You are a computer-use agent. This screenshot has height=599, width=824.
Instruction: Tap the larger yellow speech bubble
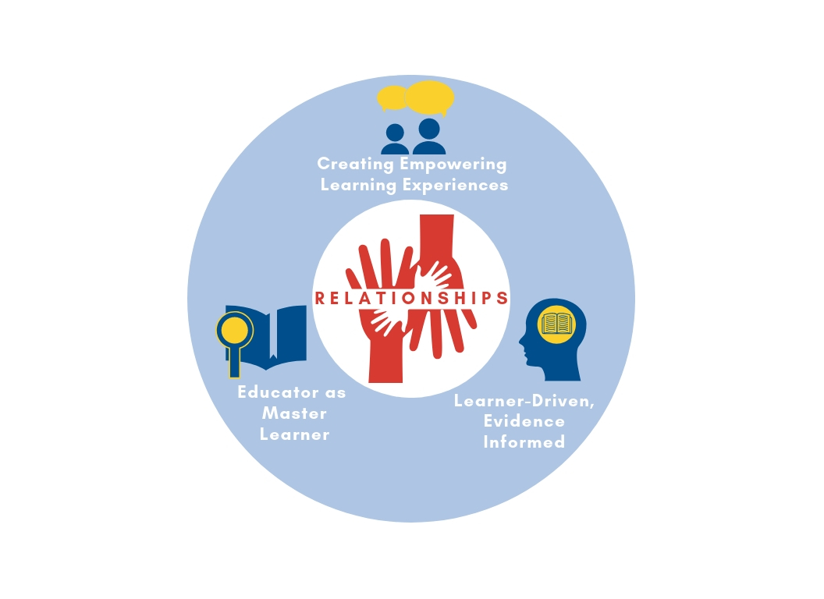(x=430, y=97)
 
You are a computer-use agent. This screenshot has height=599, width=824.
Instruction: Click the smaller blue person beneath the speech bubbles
(x=395, y=140)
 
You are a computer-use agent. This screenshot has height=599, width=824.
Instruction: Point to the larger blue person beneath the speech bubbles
(x=428, y=137)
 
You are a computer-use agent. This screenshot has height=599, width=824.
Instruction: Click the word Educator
(x=269, y=392)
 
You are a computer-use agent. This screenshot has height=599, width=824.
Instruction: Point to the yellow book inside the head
(x=557, y=322)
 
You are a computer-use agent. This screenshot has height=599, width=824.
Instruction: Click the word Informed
(x=524, y=442)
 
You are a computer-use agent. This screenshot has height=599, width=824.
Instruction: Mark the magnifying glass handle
(x=234, y=363)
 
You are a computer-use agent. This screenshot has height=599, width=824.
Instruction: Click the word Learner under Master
(x=294, y=434)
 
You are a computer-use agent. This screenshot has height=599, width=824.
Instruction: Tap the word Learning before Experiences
(x=359, y=185)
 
